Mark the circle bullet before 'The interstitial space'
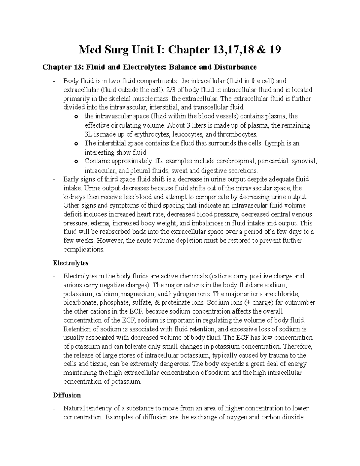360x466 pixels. point(76,144)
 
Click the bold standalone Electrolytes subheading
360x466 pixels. point(70,263)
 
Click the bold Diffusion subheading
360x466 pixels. point(67,395)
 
